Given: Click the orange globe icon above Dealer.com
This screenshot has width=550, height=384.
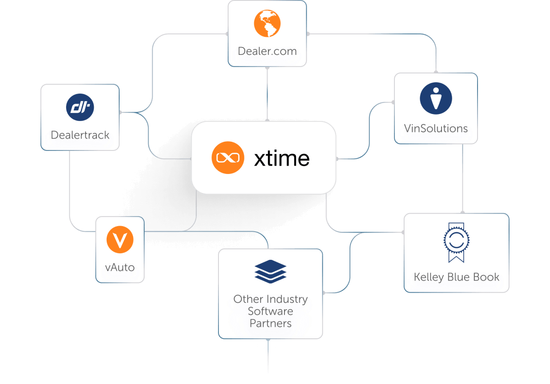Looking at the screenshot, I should coord(267,24).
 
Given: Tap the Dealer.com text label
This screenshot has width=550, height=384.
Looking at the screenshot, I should coord(267,51).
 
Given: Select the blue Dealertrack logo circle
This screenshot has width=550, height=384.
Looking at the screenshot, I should coord(80,107).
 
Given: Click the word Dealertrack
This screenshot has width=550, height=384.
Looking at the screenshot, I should coord(80,135).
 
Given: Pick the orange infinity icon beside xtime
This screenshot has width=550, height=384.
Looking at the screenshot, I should coord(228,158).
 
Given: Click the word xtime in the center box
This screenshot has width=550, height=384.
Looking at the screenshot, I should coord(282,158).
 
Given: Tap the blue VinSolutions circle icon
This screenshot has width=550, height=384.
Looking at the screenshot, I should coord(435,98).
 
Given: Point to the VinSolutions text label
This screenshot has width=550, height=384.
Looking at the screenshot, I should coord(435,128).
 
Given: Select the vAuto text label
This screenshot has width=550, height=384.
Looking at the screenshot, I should coord(120,267).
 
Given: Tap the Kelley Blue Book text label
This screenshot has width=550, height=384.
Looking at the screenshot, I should coord(456,277).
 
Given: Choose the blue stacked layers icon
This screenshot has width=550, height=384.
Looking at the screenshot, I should coord(270,271).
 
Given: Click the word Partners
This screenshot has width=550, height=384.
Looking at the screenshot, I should coord(270,323).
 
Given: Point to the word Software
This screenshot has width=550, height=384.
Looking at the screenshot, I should coord(270,311).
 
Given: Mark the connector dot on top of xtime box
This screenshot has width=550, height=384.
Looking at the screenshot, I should coord(267,121).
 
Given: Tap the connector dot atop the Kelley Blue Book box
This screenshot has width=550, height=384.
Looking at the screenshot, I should coord(462,213).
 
